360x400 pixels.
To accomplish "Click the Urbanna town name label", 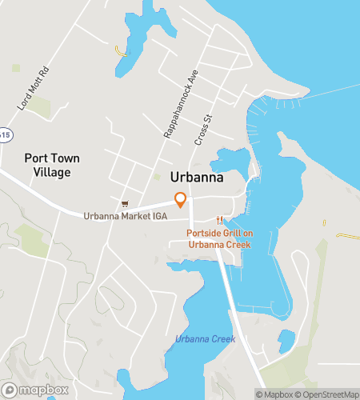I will (x=197, y=178).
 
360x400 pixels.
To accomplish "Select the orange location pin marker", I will (x=181, y=199).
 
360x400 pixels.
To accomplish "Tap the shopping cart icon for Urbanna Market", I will (x=124, y=204).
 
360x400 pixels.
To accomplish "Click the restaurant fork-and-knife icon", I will (x=218, y=221).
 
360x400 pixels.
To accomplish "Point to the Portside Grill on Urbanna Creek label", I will (x=220, y=238).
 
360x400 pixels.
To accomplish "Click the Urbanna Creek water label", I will (x=204, y=340).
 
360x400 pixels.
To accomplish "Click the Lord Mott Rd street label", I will (x=33, y=89).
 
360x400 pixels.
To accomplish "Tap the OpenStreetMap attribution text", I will (x=327, y=394).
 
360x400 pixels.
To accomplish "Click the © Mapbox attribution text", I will (x=274, y=394).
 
